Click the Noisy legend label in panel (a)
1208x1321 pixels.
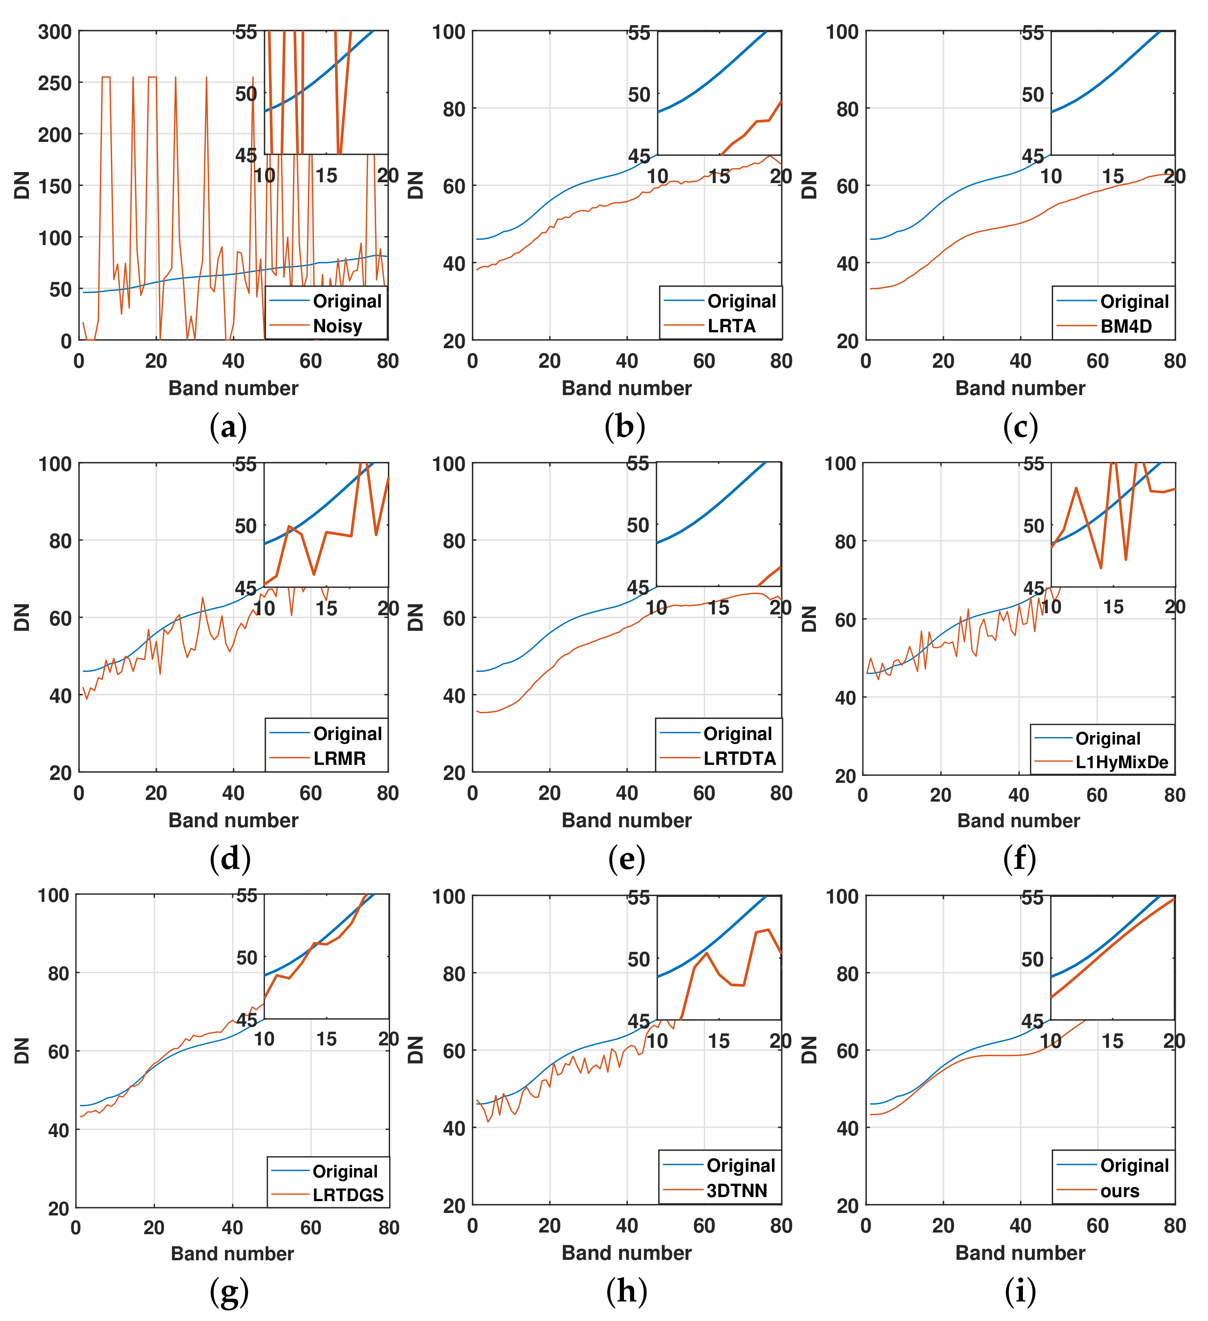point(337,326)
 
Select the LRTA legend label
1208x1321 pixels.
point(731,326)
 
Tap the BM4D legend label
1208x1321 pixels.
point(1125,326)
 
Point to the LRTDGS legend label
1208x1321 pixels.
point(348,1195)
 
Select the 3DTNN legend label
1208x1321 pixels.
point(736,1190)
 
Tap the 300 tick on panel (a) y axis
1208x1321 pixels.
point(55,31)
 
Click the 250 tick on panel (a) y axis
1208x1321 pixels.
point(55,83)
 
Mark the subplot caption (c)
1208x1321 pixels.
point(1020,427)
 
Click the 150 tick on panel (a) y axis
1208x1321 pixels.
point(55,186)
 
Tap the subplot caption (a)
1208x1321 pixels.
point(228,427)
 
